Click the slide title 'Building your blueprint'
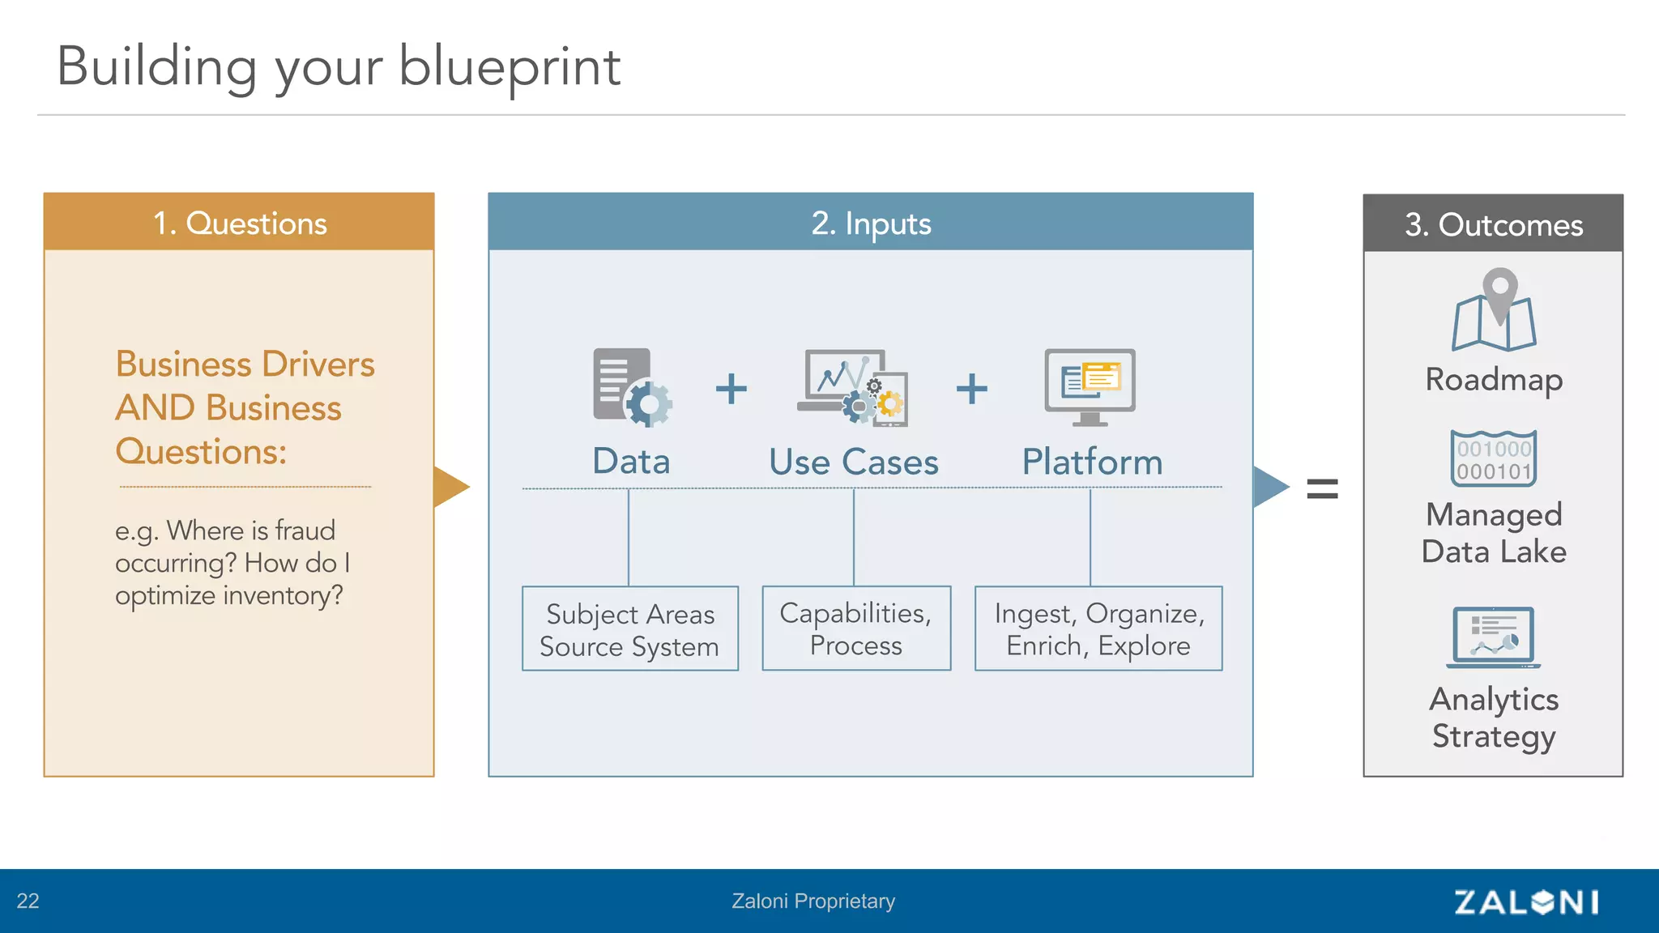point(339,66)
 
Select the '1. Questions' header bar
point(239,222)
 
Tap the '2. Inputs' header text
point(871,223)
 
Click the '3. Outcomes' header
point(1493,224)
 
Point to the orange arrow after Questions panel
point(450,487)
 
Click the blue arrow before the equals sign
point(1269,487)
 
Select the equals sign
point(1322,488)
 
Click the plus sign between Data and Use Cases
point(731,389)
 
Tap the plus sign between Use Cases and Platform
point(971,389)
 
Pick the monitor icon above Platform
point(1090,386)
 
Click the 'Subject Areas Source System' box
point(629,629)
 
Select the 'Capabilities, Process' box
point(856,628)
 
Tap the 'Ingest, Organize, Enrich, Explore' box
point(1098,628)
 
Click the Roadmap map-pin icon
point(1494,311)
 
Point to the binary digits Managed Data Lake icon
point(1493,458)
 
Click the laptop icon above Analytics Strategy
point(1493,637)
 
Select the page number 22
point(28,901)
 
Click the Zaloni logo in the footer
point(1526,901)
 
